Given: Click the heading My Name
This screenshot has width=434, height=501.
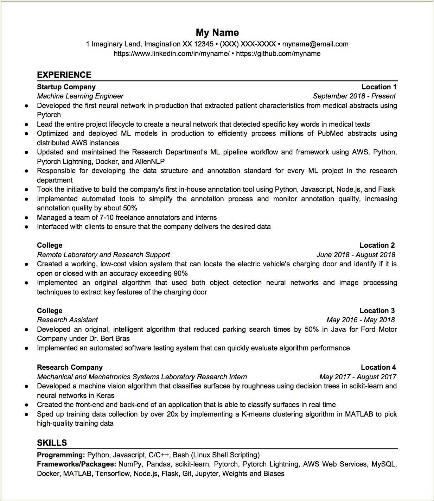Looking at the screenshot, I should [217, 33].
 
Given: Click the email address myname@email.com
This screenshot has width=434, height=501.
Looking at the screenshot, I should [315, 44].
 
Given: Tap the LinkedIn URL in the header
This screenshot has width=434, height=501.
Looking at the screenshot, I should [171, 54].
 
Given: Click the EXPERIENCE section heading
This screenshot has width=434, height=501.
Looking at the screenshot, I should [64, 75].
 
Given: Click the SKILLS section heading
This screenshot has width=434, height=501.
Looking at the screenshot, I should [52, 443].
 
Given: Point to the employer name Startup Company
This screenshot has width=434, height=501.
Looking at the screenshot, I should [66, 87].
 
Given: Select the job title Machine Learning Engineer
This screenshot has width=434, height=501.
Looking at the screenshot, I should [80, 96].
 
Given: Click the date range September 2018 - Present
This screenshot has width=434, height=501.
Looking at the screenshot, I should [354, 96].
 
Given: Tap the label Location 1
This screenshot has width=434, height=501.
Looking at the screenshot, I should [379, 87].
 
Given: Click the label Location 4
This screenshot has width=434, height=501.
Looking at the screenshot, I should [378, 368].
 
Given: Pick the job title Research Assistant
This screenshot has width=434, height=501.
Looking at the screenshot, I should [67, 320].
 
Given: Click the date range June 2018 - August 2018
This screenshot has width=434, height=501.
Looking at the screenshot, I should [356, 255].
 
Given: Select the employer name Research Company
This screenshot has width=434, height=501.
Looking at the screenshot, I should [70, 368].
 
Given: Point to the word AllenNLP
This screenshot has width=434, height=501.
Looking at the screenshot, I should [150, 162].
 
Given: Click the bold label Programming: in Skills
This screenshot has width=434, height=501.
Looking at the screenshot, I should [61, 455].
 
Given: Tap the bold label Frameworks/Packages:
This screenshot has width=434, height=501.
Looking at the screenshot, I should [76, 464].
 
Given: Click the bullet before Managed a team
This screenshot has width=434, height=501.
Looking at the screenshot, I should [26, 218].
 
